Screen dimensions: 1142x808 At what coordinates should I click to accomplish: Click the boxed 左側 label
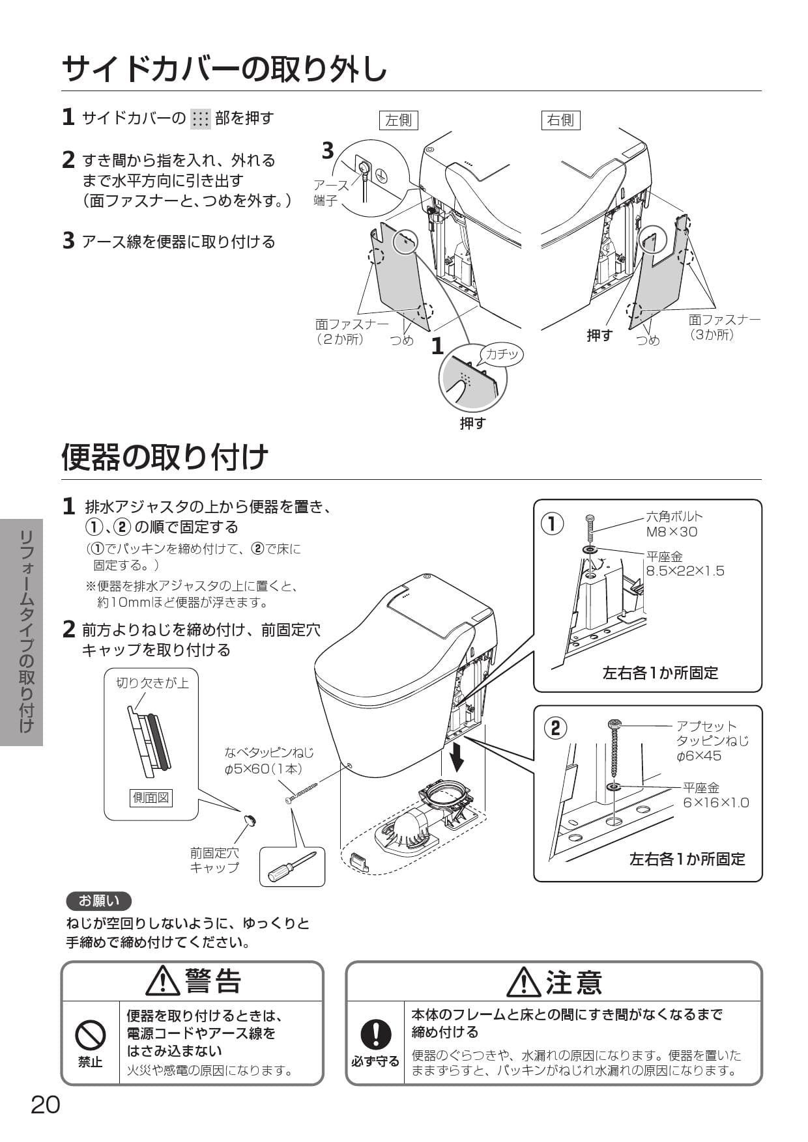[398, 120]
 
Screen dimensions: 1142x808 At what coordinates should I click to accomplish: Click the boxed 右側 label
[560, 120]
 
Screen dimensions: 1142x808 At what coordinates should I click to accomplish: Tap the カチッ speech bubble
[502, 354]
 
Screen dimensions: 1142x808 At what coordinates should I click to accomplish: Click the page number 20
[46, 1105]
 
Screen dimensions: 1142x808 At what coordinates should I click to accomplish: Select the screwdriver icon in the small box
[292, 866]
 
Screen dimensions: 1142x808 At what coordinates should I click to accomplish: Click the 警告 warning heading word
[213, 982]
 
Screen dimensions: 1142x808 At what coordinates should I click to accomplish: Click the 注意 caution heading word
[573, 982]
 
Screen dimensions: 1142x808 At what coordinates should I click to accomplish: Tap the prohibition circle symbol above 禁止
[91, 1035]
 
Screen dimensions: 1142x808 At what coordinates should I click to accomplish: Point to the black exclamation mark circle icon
[375, 1033]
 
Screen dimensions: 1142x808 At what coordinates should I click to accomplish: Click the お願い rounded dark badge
[99, 901]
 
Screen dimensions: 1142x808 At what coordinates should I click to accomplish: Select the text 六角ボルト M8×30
[674, 524]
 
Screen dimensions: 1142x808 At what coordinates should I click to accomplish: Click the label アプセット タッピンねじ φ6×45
[712, 741]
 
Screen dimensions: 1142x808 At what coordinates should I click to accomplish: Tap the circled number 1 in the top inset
[553, 523]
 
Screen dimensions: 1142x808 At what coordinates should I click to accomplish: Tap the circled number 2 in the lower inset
[555, 727]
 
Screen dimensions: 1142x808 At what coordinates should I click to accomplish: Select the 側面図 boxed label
[151, 798]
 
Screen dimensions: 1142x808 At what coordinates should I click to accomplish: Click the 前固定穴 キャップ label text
[214, 860]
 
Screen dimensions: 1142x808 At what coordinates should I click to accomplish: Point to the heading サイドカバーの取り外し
[225, 68]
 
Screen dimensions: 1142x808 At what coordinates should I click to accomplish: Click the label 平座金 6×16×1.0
[715, 795]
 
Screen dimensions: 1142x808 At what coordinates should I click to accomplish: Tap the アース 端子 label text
[330, 193]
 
